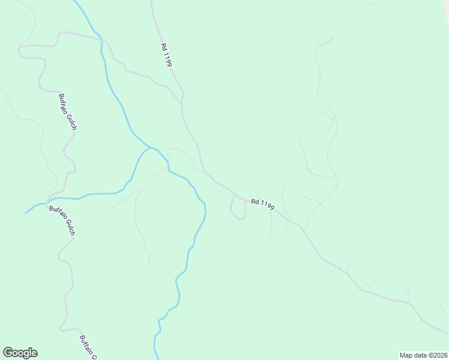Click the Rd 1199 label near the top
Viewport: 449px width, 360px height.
166,54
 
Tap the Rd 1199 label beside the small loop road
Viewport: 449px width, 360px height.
262,204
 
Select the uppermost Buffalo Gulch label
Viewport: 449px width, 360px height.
67,112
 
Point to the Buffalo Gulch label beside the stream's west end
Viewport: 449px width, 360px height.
61,220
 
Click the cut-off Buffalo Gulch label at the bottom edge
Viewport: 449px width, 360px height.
88,347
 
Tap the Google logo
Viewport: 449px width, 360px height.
20,353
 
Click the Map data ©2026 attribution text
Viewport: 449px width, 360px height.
423,355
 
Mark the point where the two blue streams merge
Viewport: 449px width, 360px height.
149,146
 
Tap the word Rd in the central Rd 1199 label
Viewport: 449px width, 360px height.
255,201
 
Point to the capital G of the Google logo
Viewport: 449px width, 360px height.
8,352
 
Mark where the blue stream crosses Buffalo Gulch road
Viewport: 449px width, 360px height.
48,201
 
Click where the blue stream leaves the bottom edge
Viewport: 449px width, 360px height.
157,358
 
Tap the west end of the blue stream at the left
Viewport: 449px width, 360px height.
26,212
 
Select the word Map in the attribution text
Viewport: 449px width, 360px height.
406,355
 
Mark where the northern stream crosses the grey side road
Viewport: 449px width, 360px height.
101,40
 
